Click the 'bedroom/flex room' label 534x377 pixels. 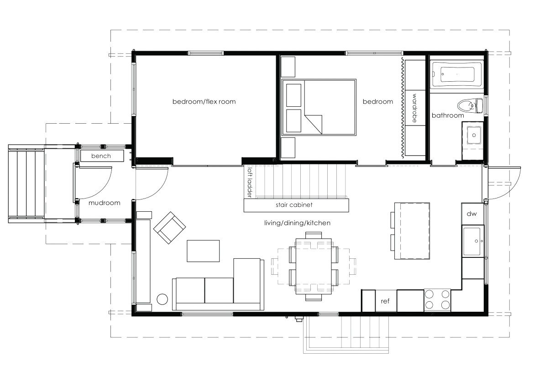[204, 101]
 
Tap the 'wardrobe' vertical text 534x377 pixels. [414, 108]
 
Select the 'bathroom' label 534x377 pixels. [448, 115]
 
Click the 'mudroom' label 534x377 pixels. [105, 203]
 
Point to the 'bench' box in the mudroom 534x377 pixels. [101, 156]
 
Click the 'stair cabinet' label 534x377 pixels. [294, 205]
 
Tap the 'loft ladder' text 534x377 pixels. [249, 182]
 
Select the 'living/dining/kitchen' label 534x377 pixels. [297, 223]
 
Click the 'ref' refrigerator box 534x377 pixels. [385, 301]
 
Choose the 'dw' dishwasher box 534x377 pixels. [471, 214]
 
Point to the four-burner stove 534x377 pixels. [437, 300]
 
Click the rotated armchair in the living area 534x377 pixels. [170, 227]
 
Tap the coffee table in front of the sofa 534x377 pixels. [203, 251]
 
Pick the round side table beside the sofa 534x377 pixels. [162, 299]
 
